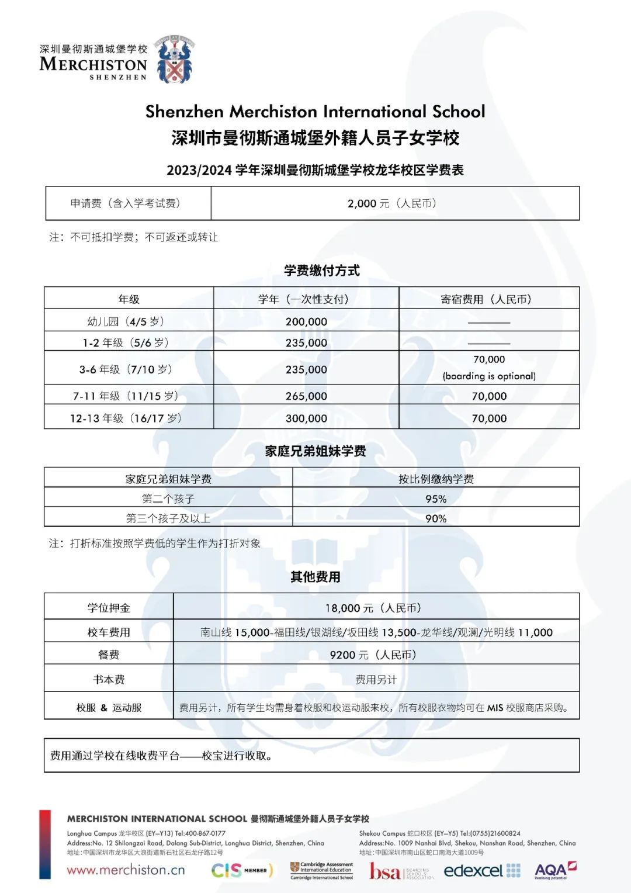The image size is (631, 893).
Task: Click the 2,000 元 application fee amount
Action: pyautogui.click(x=391, y=203)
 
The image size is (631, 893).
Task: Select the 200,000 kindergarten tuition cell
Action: pyautogui.click(x=306, y=321)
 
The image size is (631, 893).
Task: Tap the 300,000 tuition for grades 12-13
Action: pyautogui.click(x=306, y=418)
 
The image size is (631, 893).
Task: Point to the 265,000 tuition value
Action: pyautogui.click(x=306, y=396)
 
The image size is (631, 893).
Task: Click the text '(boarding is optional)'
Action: pyautogui.click(x=489, y=376)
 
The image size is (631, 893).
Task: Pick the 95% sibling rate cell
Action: pyautogui.click(x=436, y=499)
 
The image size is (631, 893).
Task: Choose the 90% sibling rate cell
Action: pyautogui.click(x=436, y=518)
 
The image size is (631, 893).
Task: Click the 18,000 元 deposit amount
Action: pyautogui.click(x=373, y=608)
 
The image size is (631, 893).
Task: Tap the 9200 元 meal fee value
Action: pyautogui.click(x=373, y=655)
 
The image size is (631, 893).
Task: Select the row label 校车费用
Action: pyautogui.click(x=109, y=632)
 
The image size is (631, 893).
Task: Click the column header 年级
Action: pyautogui.click(x=129, y=299)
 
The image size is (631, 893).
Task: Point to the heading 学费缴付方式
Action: pyautogui.click(x=322, y=271)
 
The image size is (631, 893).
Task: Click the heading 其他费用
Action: pyautogui.click(x=315, y=577)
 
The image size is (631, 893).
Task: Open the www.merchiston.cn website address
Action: pyautogui.click(x=126, y=870)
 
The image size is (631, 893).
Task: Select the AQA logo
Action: pyautogui.click(x=554, y=870)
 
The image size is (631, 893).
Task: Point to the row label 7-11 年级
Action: pyautogui.click(x=126, y=396)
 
